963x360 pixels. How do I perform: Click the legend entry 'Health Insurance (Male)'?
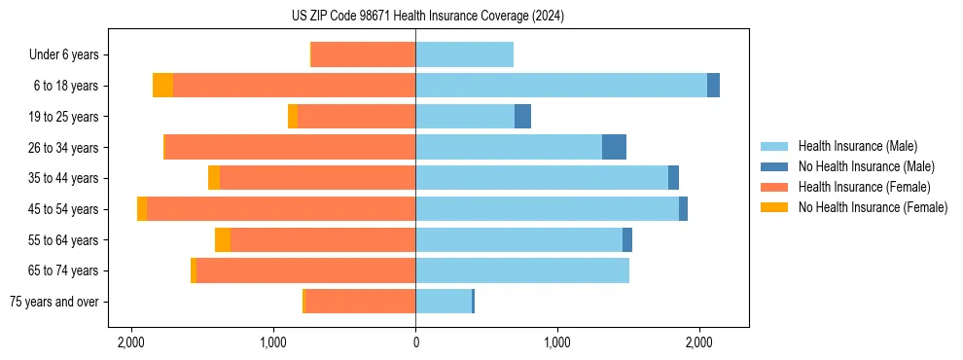(x=856, y=146)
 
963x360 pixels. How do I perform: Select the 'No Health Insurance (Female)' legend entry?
(x=872, y=207)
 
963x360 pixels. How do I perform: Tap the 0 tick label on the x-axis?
(x=415, y=342)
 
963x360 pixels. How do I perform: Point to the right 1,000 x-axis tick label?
(x=557, y=342)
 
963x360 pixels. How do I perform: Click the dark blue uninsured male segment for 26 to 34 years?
(x=614, y=147)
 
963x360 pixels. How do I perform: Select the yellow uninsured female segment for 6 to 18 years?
(x=162, y=86)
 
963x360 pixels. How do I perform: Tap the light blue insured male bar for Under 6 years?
(x=464, y=54)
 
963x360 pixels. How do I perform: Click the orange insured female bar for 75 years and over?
(x=360, y=302)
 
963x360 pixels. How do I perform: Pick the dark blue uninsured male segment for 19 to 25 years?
(x=522, y=117)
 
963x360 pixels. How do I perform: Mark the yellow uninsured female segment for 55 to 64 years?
(x=223, y=240)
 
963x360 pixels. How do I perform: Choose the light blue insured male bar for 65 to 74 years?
(x=522, y=270)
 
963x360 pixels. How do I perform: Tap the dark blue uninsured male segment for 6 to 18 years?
(x=713, y=86)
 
